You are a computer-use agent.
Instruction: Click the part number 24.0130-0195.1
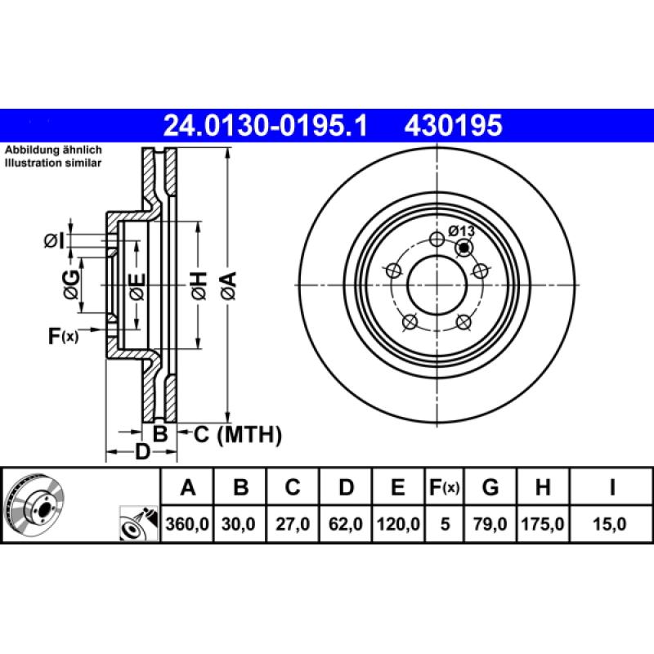tap(266, 126)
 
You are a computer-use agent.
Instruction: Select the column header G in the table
tap(490, 488)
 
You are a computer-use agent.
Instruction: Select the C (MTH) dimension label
tap(238, 435)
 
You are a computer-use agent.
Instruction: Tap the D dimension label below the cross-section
tap(141, 451)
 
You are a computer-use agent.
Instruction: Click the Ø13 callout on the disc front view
tap(461, 231)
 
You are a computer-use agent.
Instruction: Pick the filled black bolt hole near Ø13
tap(464, 248)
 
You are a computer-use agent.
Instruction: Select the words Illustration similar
tap(53, 163)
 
